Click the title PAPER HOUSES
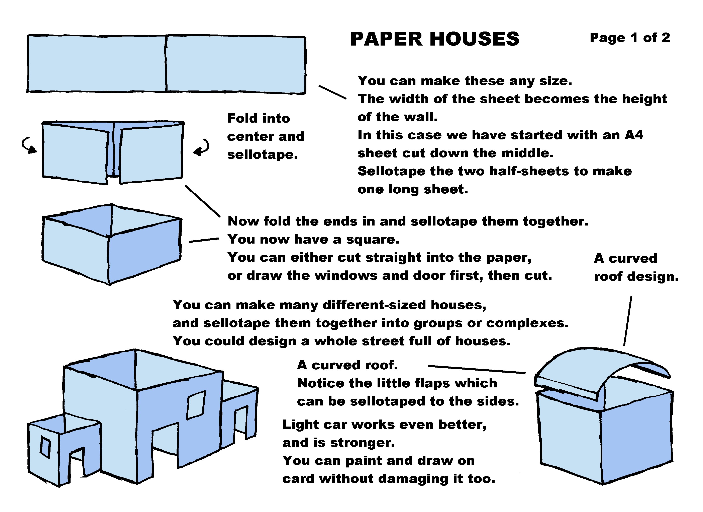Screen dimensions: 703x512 pos(435,39)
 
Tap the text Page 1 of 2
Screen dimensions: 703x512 pos(630,38)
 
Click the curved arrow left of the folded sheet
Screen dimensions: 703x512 pos(28,145)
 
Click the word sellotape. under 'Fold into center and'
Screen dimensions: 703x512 pos(263,154)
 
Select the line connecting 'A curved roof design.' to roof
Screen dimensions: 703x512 pos(628,321)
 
